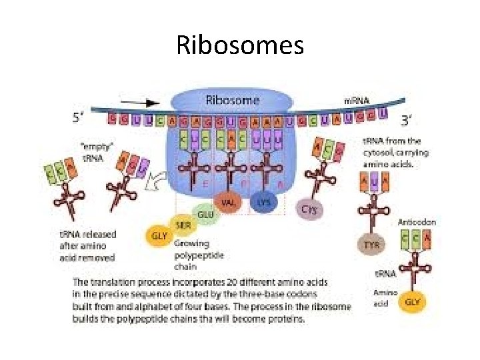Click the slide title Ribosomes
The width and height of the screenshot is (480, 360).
pos(240,45)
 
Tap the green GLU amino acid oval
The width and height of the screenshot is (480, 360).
pos(206,214)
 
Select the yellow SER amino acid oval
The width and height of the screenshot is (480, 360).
pos(183,225)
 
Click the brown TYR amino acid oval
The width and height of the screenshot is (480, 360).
pos(371,245)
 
